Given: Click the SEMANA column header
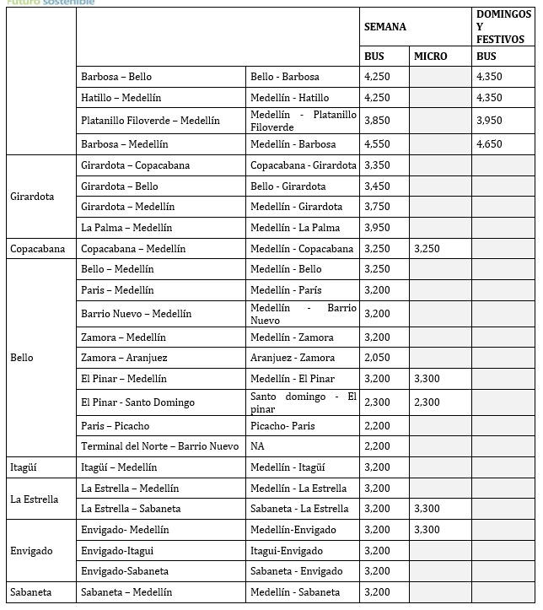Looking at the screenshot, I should (384, 27).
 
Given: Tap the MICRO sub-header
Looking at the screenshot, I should (430, 57).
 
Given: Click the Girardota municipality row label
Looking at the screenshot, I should (32, 197).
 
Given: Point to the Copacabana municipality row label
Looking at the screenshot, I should (39, 249).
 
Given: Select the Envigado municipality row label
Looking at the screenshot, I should (31, 551).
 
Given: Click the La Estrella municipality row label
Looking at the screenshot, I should (35, 499).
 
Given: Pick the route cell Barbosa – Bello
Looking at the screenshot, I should (116, 77).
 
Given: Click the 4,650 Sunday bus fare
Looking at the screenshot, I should (489, 144).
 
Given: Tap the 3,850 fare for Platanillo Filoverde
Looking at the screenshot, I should (377, 121).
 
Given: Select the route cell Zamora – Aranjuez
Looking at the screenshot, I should (124, 358).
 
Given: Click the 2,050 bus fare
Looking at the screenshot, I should (377, 358).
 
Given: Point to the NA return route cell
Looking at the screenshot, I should (257, 446).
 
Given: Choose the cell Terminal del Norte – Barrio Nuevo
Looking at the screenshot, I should (159, 446).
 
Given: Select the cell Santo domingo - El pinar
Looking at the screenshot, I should (304, 402).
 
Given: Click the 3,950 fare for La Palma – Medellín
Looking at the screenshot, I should (377, 228).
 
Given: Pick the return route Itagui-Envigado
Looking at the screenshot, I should (287, 551).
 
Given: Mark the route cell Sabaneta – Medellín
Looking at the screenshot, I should (126, 592).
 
